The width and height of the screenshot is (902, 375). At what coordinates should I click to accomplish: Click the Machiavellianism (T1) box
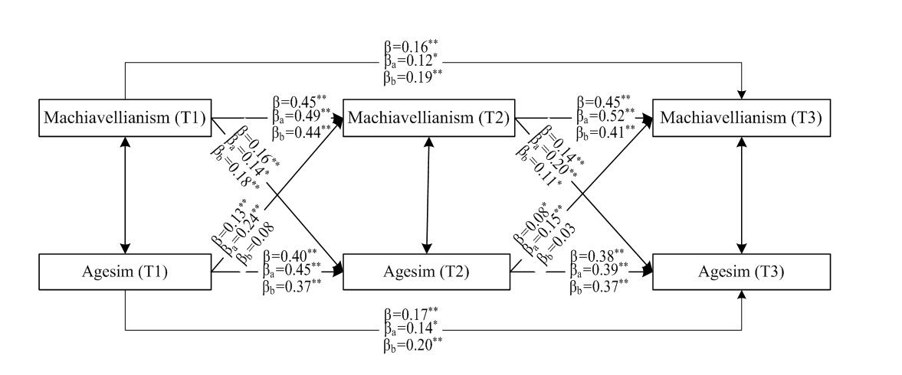click(x=126, y=118)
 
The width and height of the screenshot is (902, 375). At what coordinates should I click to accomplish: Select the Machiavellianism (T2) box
click(x=428, y=118)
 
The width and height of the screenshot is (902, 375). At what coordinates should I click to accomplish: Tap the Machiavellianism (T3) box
click(x=741, y=118)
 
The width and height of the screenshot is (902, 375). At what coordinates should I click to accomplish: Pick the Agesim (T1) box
click(x=126, y=270)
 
